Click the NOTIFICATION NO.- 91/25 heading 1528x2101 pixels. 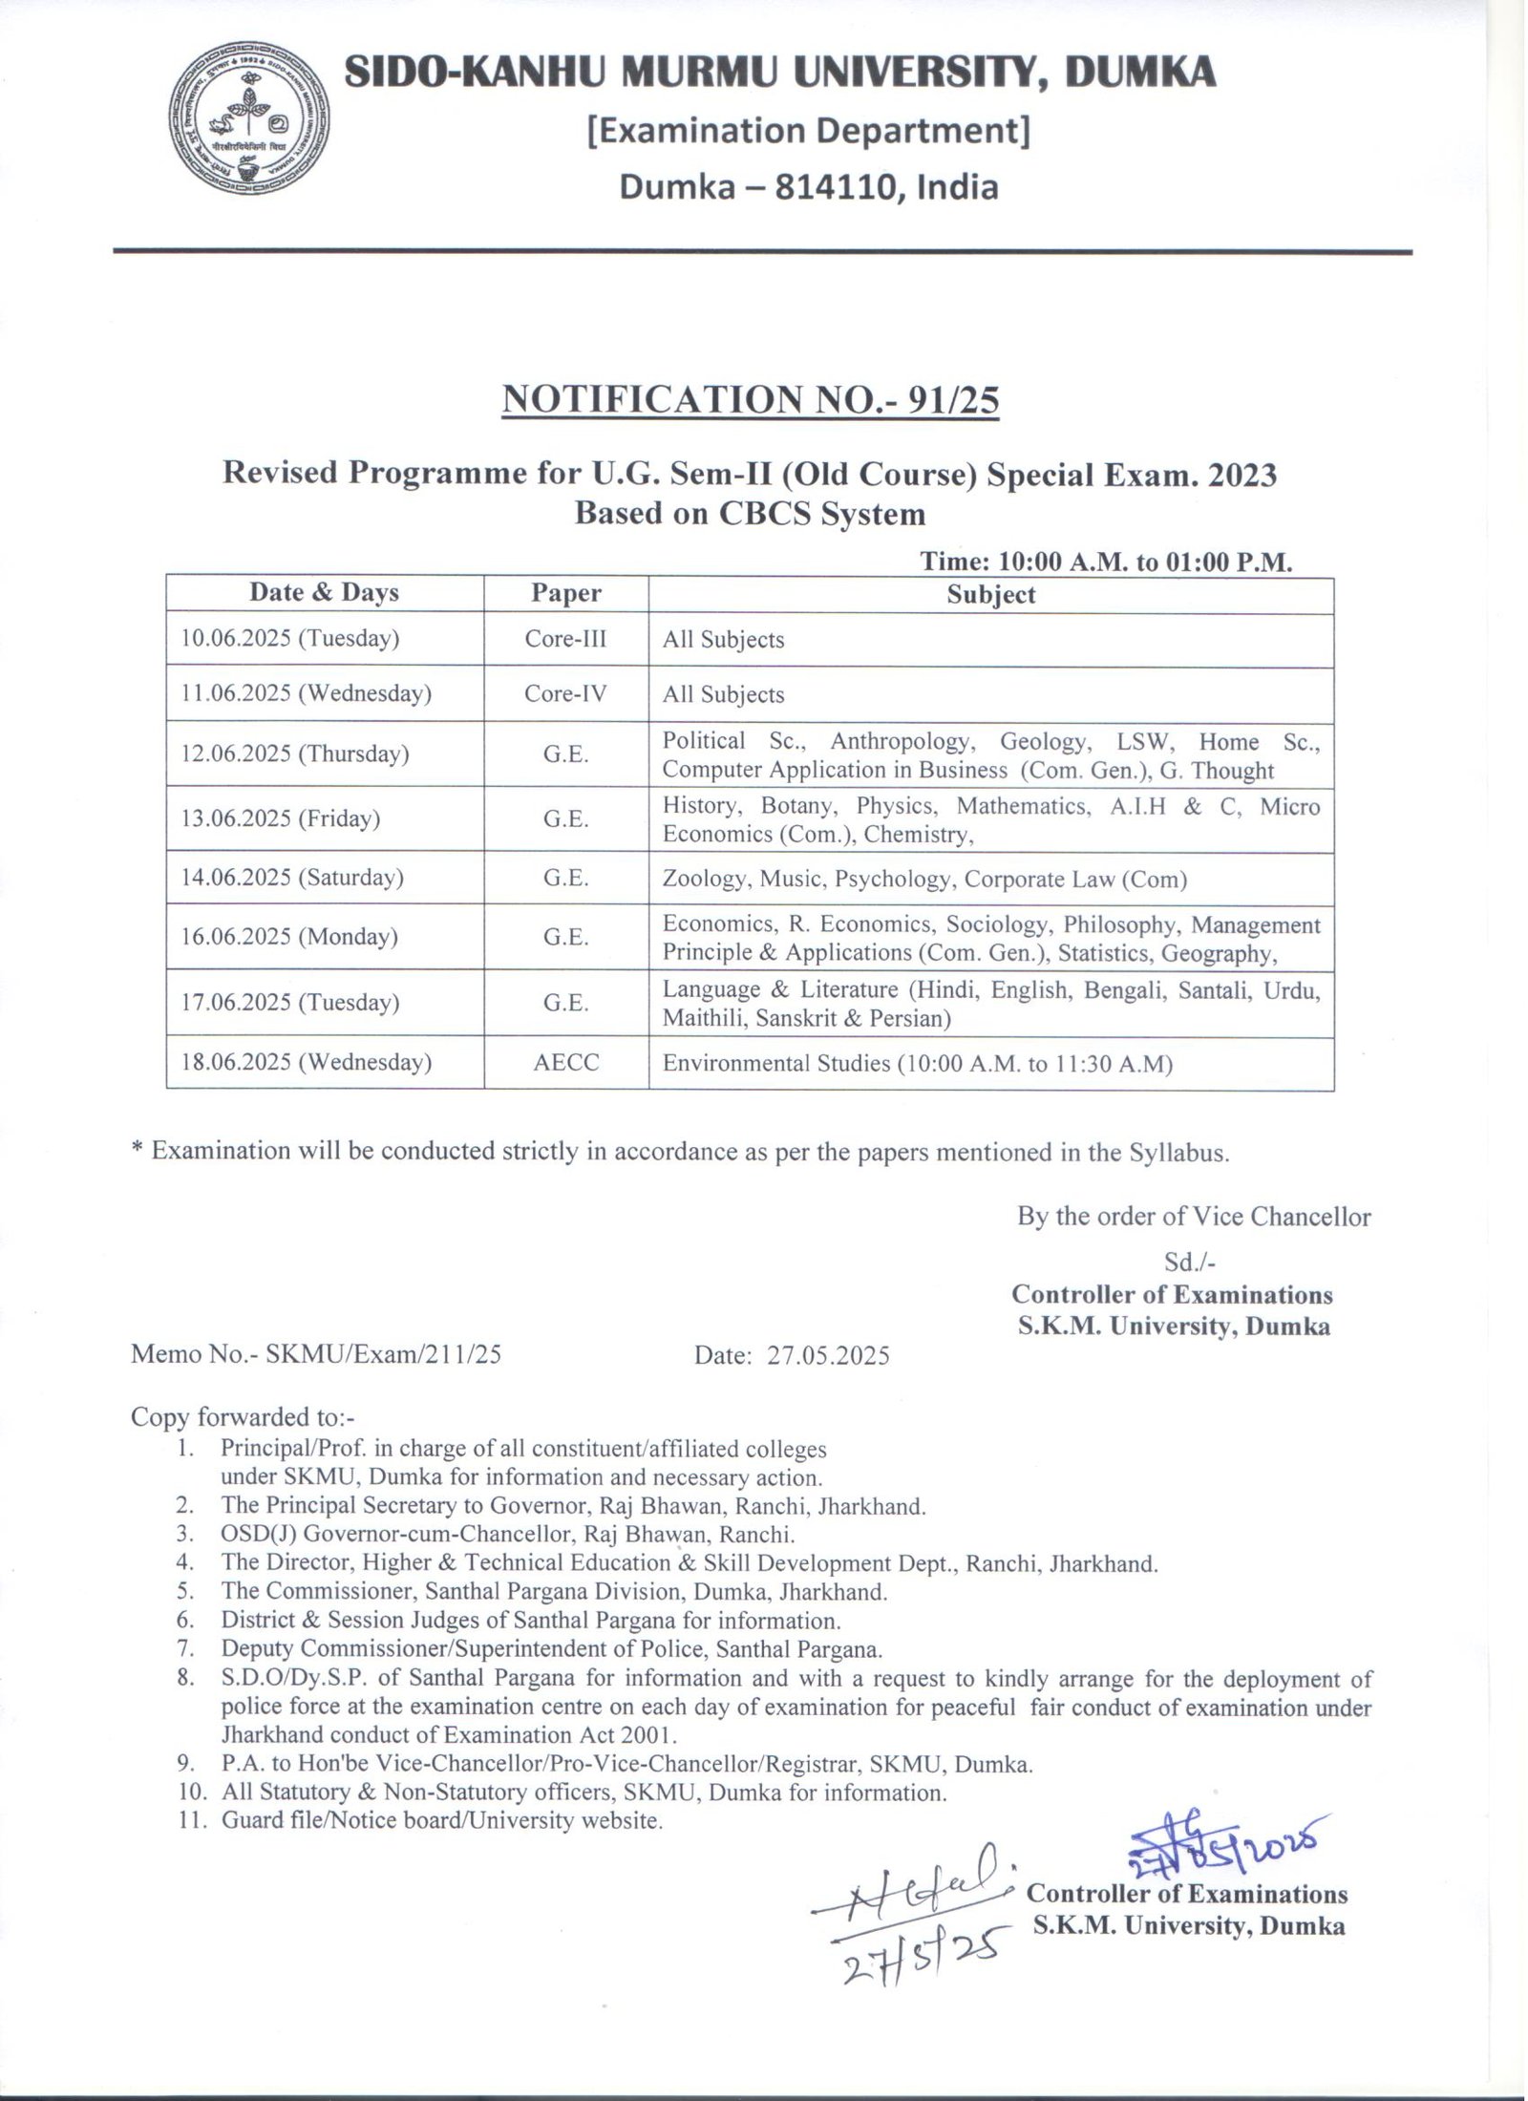(751, 400)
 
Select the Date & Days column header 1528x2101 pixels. (324, 593)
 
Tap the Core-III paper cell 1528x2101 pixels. (565, 638)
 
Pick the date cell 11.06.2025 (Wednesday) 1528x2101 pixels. (306, 693)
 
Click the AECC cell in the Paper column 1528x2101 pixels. (565, 1062)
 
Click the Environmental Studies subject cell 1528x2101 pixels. (917, 1063)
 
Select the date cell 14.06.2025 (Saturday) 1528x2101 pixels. (292, 878)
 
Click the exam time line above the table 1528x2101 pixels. (1106, 562)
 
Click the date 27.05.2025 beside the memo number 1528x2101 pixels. (828, 1355)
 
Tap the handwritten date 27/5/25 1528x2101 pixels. (917, 1944)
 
